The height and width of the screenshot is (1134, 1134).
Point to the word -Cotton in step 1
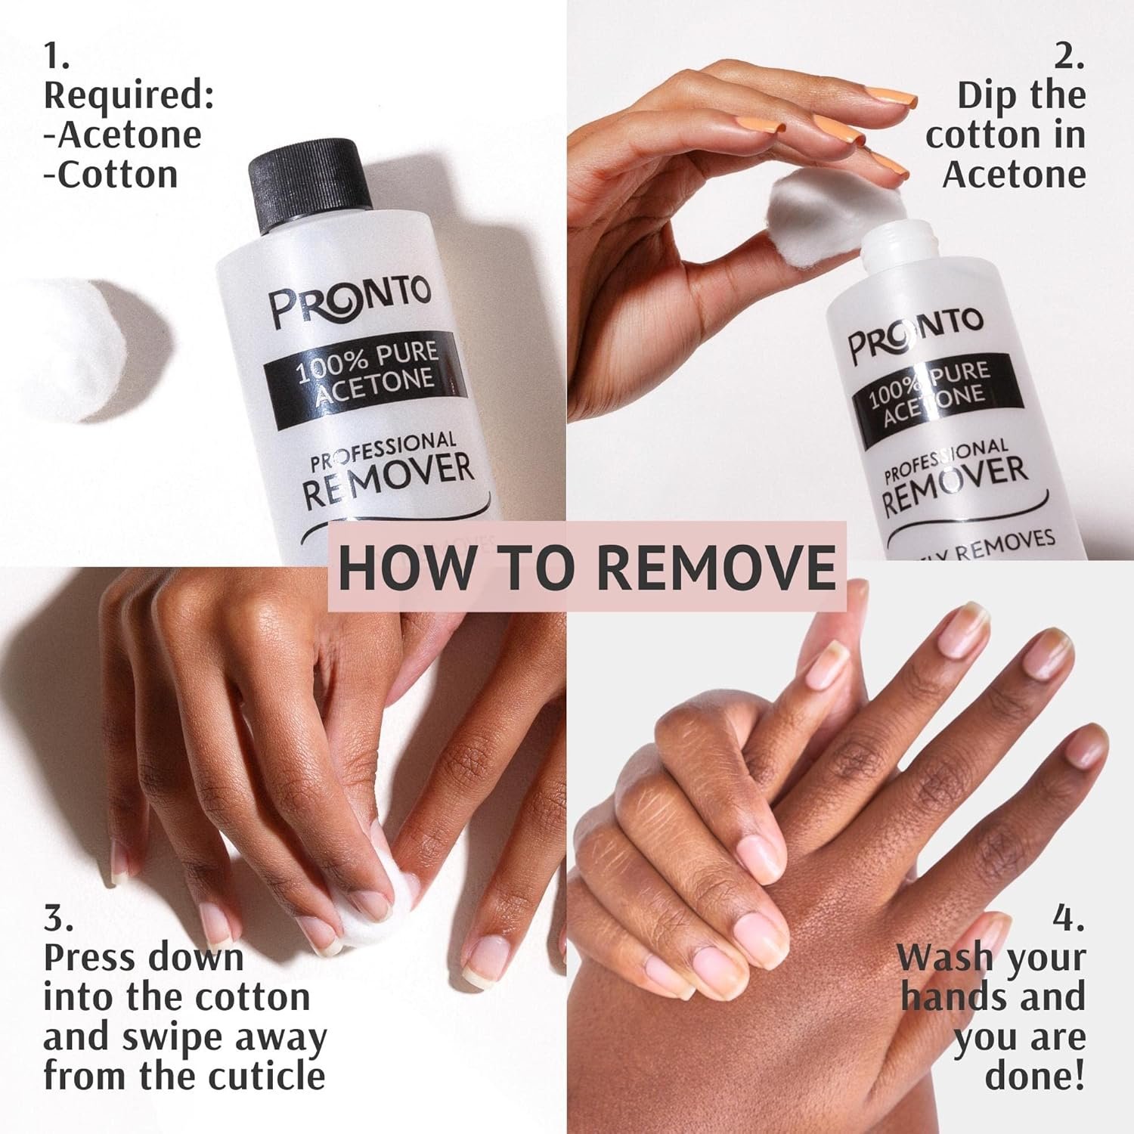coord(111,175)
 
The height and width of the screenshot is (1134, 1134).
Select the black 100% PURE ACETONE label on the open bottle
coord(928,395)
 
